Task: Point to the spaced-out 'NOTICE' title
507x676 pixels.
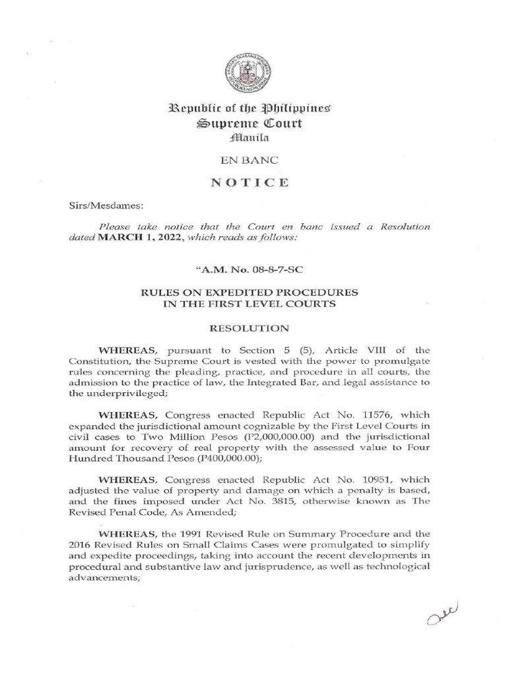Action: coord(253,183)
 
